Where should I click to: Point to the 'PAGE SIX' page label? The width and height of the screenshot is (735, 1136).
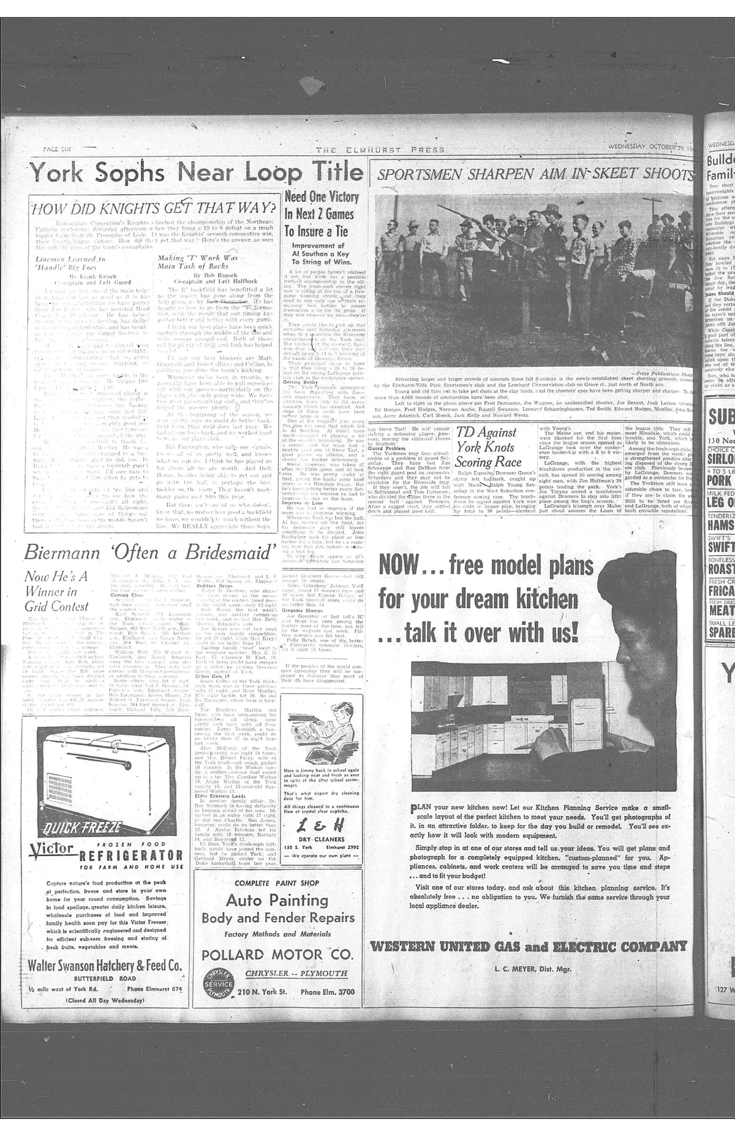(x=58, y=149)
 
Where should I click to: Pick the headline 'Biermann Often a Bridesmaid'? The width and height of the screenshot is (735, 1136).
(x=148, y=552)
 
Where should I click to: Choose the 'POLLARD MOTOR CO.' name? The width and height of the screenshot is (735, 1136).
(x=277, y=955)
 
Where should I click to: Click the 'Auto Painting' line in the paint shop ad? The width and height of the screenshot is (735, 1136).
(x=277, y=900)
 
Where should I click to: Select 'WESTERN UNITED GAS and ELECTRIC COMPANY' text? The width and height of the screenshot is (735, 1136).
(x=529, y=947)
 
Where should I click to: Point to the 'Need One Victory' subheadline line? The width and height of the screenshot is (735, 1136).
(x=322, y=197)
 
